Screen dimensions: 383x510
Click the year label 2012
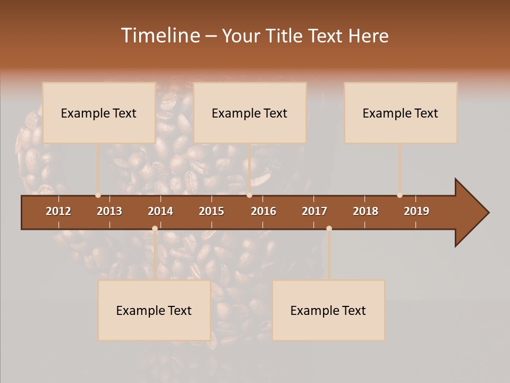click(x=58, y=211)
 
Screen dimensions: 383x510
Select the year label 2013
click(x=109, y=211)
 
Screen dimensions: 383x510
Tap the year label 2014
click(x=160, y=211)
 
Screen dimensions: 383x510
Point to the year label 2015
click(x=211, y=211)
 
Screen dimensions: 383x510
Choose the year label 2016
click(x=263, y=211)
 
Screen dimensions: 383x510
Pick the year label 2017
click(x=314, y=211)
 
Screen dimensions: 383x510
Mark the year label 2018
click(x=365, y=211)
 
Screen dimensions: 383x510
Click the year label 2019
click(x=416, y=211)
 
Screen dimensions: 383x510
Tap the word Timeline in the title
click(x=160, y=36)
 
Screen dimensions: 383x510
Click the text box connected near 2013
click(x=99, y=113)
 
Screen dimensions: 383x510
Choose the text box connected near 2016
click(x=250, y=113)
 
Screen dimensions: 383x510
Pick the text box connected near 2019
click(x=401, y=113)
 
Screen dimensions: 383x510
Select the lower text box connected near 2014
click(x=154, y=310)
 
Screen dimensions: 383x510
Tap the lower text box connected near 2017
click(x=328, y=310)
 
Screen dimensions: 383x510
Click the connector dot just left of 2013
click(x=98, y=195)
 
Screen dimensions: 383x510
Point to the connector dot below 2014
click(x=155, y=229)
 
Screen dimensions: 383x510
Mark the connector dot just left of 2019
click(x=399, y=195)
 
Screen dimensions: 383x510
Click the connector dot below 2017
click(x=329, y=229)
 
